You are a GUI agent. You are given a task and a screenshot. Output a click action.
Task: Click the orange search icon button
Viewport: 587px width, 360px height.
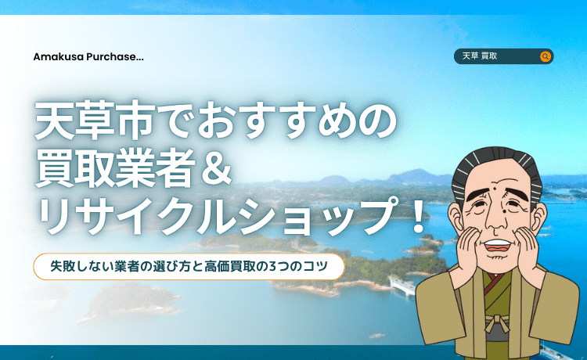[x=546, y=56]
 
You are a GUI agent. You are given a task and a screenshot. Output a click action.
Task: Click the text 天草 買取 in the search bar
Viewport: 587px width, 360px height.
[x=481, y=56]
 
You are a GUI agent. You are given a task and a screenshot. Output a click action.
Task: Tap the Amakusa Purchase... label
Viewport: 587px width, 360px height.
[x=88, y=56]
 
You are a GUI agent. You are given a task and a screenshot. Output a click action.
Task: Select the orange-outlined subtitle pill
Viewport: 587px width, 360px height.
[x=189, y=266]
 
